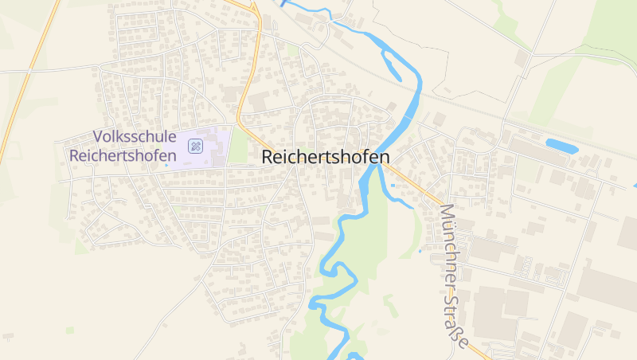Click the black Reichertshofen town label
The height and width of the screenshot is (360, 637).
pos(326,158)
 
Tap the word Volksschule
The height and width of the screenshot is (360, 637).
pos(133,138)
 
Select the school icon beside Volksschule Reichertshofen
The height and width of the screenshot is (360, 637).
pos(195,146)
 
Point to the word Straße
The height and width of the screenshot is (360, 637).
pos(455,320)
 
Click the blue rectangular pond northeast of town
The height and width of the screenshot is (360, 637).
pos(561,146)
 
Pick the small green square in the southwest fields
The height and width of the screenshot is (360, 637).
pos(70,330)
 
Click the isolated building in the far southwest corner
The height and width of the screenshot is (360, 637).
pos(7,336)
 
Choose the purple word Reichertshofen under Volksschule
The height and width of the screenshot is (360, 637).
pos(123,155)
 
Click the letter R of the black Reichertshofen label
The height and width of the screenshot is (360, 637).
pos(268,158)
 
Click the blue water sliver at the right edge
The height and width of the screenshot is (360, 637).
pos(635,185)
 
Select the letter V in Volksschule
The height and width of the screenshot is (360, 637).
pos(98,138)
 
